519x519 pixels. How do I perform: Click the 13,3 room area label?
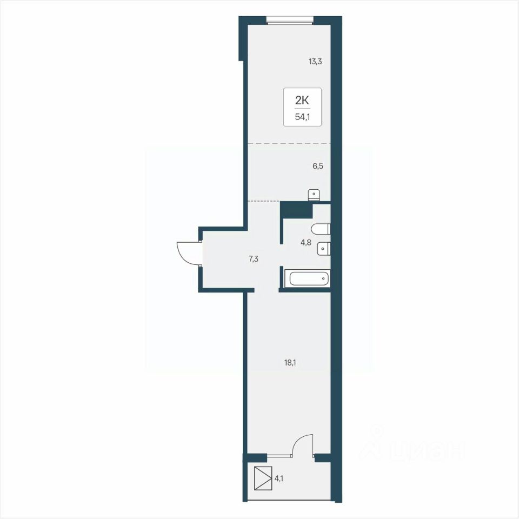tap(315, 62)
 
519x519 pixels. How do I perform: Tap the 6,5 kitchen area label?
tap(318, 166)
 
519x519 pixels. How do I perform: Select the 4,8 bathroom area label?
tap(306, 243)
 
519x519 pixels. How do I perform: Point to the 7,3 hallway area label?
tap(253, 259)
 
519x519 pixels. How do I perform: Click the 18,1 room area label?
tap(290, 363)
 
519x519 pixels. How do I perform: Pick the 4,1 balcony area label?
tap(279, 478)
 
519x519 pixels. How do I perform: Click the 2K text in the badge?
tap(302, 101)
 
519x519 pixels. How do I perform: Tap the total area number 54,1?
tap(303, 117)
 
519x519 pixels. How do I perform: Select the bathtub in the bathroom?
tap(309, 278)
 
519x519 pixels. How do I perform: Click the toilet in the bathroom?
tap(321, 229)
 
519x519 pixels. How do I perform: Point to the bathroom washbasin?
tap(323, 249)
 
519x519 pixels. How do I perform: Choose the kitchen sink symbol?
tap(314, 195)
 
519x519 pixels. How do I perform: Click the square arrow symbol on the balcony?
tap(263, 478)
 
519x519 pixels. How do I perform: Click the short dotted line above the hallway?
tap(264, 201)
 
